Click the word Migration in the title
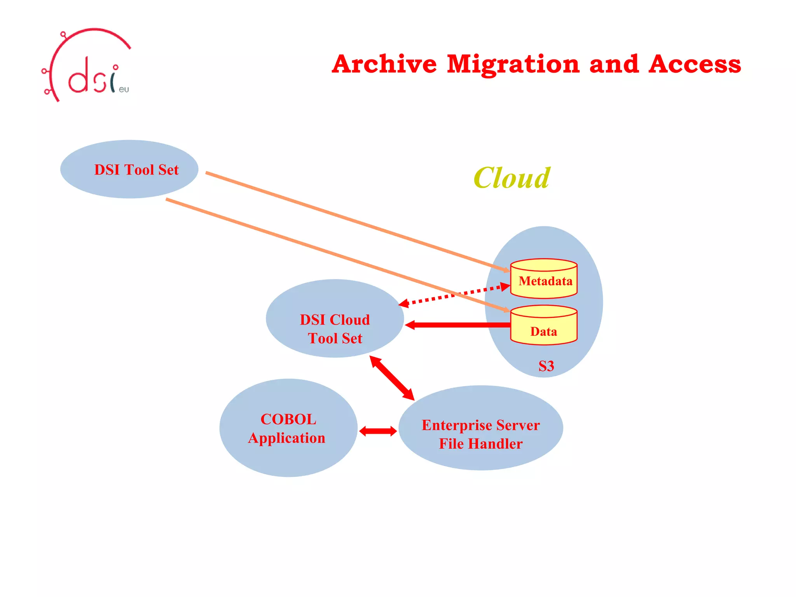click(x=513, y=64)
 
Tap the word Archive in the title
click(x=384, y=64)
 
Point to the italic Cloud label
click(x=511, y=178)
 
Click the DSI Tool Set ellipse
click(x=129, y=169)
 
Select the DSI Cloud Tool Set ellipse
click(x=335, y=319)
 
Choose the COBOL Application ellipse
click(x=288, y=428)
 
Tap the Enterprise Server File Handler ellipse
click(x=480, y=428)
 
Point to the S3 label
click(x=546, y=366)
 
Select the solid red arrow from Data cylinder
click(x=459, y=325)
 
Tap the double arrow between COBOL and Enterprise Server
click(x=378, y=431)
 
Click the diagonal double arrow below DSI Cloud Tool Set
click(x=392, y=378)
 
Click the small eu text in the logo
click(x=124, y=89)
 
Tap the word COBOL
click(x=288, y=419)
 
